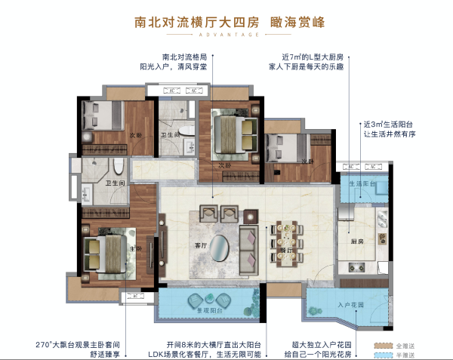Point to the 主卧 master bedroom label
click(135, 248)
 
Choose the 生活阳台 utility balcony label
click(362, 184)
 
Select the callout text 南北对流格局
click(184, 57)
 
